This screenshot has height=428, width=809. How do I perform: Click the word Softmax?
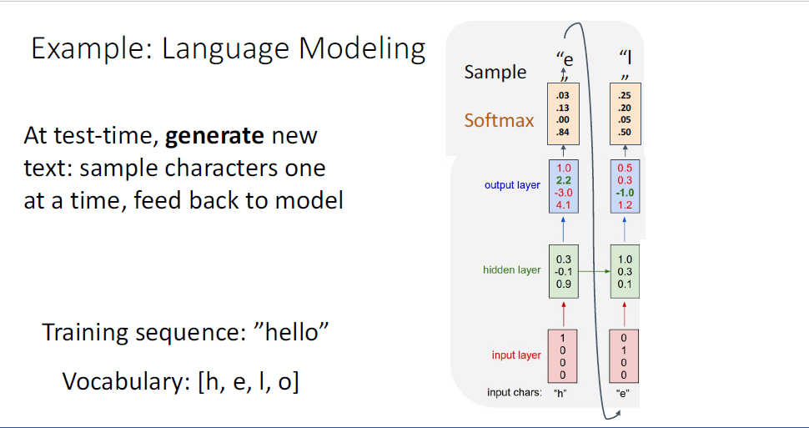pyautogui.click(x=499, y=120)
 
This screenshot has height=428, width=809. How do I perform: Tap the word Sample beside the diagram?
pyautogui.click(x=495, y=72)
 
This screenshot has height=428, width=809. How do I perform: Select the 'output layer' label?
pyautogui.click(x=512, y=185)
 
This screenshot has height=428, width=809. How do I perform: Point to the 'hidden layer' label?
pyautogui.click(x=511, y=269)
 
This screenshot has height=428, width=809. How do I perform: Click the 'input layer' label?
pyautogui.click(x=516, y=355)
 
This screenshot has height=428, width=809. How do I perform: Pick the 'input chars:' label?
pyautogui.click(x=515, y=392)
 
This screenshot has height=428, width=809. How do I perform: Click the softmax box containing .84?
pyautogui.click(x=563, y=113)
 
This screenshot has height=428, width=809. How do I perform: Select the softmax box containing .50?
pyautogui.click(x=625, y=113)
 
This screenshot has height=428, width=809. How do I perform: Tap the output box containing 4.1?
pyautogui.click(x=563, y=185)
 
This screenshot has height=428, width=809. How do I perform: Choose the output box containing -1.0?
pyautogui.click(x=625, y=185)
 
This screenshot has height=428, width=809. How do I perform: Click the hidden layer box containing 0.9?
pyautogui.click(x=563, y=270)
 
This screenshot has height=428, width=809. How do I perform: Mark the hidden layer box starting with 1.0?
pyautogui.click(x=625, y=270)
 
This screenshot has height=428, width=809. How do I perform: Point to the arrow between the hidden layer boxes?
pyautogui.click(x=594, y=271)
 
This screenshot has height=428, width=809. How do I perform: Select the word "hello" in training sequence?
pyautogui.click(x=292, y=333)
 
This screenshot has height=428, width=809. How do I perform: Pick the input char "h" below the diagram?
pyautogui.click(x=560, y=392)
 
